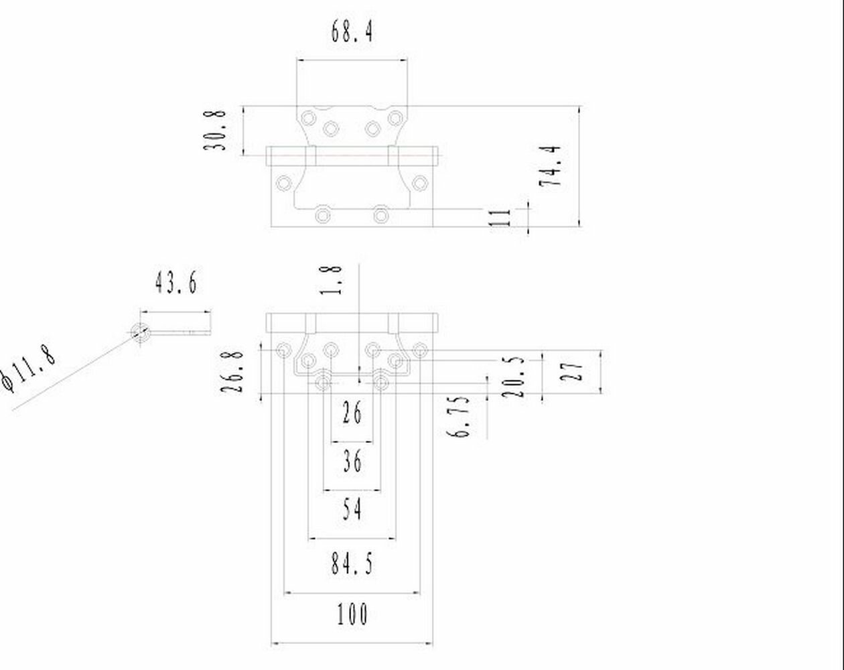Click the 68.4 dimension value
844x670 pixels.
pos(352,31)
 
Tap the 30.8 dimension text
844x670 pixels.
pos(216,130)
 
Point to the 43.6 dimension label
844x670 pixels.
pos(176,282)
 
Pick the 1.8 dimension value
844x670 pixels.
pos(333,280)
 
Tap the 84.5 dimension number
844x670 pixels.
pos(352,564)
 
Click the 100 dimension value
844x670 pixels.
pos(352,614)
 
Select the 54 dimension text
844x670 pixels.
pos(352,510)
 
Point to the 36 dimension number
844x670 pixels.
pos(352,461)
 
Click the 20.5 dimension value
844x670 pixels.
pos(514,377)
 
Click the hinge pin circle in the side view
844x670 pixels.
pos(140,332)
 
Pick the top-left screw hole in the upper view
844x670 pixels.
pos(308,119)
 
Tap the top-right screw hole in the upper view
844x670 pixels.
pos(396,119)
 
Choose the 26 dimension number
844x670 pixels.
pos(352,413)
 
